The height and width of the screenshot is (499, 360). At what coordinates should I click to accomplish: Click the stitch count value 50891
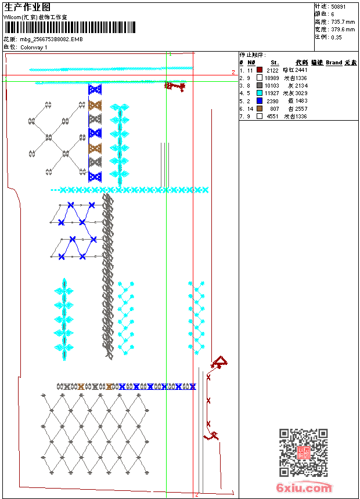[x=340, y=6]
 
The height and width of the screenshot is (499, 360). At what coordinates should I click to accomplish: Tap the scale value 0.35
[x=337, y=37]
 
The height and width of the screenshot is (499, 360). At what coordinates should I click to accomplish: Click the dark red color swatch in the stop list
[x=260, y=70]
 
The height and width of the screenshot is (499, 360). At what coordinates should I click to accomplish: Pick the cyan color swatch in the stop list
[x=260, y=93]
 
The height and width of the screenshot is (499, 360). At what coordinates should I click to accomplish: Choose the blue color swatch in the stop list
[x=260, y=101]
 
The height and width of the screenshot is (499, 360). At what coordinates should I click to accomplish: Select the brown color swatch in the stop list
[x=260, y=109]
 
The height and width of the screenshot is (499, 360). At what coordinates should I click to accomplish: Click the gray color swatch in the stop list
[x=260, y=85]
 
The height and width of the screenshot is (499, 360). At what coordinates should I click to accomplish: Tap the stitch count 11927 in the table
[x=272, y=93]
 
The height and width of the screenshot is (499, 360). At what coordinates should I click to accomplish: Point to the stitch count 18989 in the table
[x=272, y=78]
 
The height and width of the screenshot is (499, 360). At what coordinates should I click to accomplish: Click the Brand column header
[x=334, y=62]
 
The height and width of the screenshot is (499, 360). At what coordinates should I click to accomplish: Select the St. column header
[x=275, y=62]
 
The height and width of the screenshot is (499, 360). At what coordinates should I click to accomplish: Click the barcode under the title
[x=70, y=27]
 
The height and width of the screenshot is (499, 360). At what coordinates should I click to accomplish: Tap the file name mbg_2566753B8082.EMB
[x=51, y=39]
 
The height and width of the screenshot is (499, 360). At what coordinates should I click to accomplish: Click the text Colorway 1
[x=34, y=47]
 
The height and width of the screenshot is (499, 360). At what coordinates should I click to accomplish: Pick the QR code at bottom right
[x=303, y=453]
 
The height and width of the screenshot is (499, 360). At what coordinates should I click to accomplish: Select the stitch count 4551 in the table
[x=273, y=116]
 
